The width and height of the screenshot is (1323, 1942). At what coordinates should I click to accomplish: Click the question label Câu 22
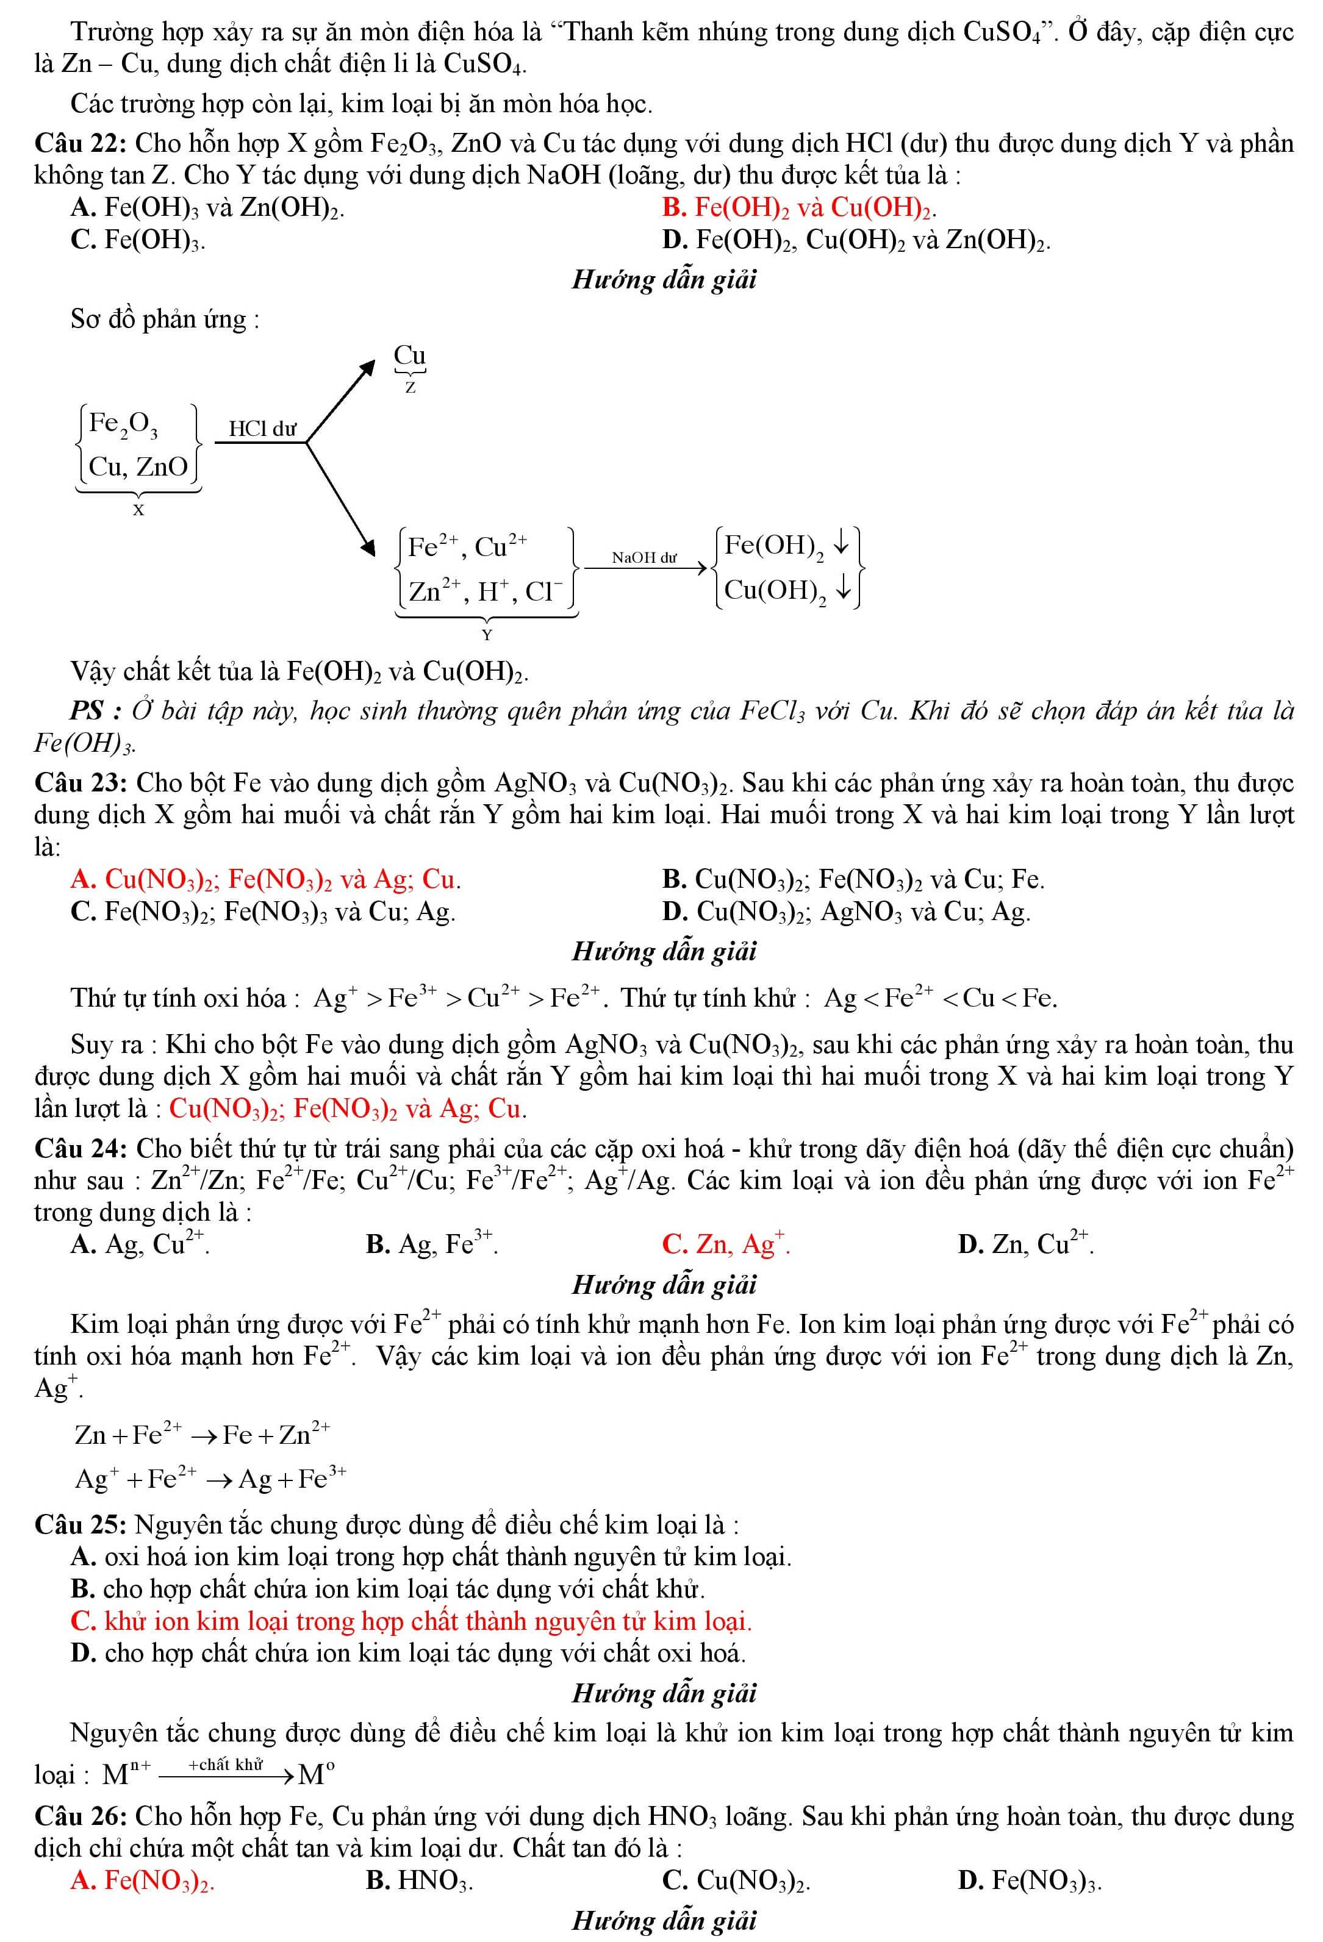(79, 144)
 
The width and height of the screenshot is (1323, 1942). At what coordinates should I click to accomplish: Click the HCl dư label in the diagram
(262, 429)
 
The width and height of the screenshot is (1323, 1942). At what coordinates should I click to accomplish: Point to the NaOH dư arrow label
(644, 557)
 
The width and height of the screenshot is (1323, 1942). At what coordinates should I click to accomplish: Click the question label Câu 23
(79, 783)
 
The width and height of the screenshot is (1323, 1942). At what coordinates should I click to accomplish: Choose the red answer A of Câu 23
(266, 879)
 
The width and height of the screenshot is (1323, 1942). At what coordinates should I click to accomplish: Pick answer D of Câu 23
(846, 911)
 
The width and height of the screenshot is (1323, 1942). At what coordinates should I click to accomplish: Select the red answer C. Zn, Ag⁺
(725, 1244)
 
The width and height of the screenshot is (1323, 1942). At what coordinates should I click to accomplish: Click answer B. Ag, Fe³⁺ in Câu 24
(431, 1244)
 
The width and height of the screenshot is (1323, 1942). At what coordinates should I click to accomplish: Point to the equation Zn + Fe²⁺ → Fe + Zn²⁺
(203, 1434)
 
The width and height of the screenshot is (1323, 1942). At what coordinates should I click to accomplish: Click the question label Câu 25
(79, 1525)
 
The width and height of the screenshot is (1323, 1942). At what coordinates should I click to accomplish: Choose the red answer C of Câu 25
(411, 1621)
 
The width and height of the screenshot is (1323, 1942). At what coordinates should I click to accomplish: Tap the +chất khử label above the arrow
(226, 1765)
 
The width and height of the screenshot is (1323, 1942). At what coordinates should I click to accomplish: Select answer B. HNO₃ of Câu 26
(420, 1880)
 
